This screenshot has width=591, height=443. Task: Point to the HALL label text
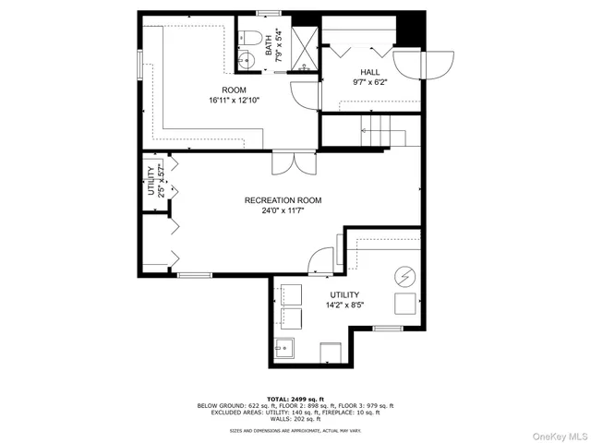click(x=369, y=71)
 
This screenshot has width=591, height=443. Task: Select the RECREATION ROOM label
click(x=283, y=200)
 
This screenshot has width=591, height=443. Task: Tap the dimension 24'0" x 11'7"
click(x=283, y=210)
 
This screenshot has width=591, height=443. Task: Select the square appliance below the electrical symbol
click(x=404, y=305)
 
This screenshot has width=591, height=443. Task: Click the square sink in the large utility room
click(x=285, y=350)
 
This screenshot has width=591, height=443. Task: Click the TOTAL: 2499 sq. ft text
click(x=295, y=398)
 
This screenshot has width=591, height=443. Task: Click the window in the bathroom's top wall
click(x=269, y=12)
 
